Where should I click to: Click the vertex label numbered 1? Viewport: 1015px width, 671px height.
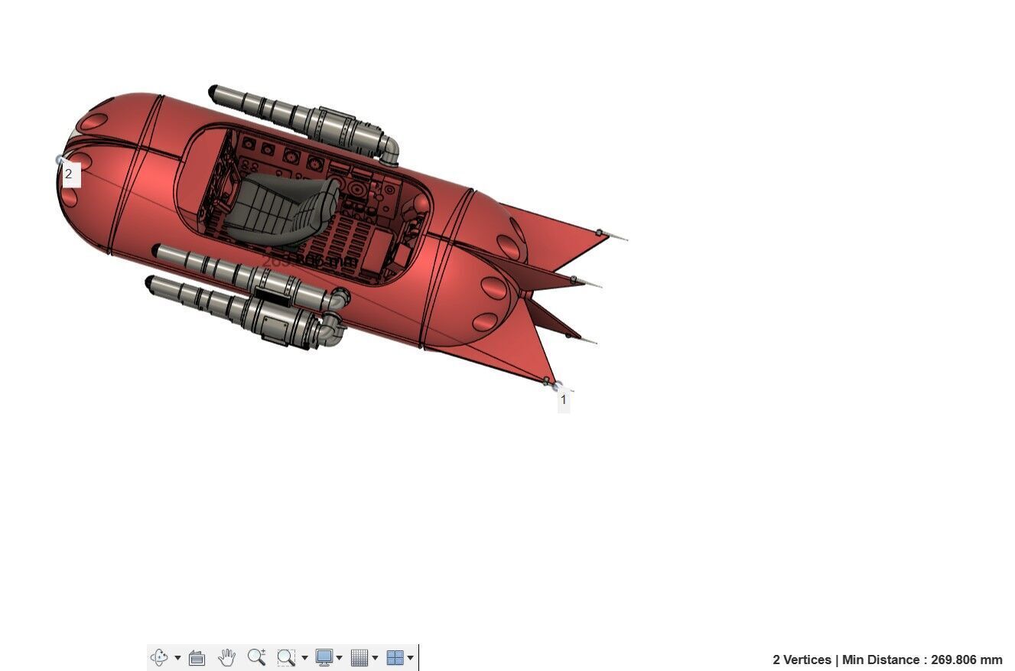(564, 399)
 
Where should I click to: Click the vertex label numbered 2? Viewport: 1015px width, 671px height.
(69, 174)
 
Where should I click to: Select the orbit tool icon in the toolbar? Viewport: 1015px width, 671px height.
(158, 657)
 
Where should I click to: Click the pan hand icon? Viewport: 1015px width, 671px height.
(226, 657)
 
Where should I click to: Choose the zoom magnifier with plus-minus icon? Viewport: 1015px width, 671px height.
(256, 657)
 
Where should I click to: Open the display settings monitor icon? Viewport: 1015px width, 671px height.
(324, 657)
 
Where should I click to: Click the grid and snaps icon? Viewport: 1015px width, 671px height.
(359, 657)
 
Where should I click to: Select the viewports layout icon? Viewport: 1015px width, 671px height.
(395, 657)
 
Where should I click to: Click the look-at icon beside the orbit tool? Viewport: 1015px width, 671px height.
(197, 657)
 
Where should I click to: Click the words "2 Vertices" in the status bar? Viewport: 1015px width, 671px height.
(802, 660)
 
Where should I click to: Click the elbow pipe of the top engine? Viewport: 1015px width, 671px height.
(389, 150)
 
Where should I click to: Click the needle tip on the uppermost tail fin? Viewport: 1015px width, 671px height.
(624, 239)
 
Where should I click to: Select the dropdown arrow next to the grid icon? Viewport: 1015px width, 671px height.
(375, 657)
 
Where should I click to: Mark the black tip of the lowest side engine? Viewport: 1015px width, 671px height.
(149, 283)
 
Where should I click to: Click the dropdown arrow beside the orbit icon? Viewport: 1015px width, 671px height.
(177, 657)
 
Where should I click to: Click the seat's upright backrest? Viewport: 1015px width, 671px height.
(327, 204)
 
